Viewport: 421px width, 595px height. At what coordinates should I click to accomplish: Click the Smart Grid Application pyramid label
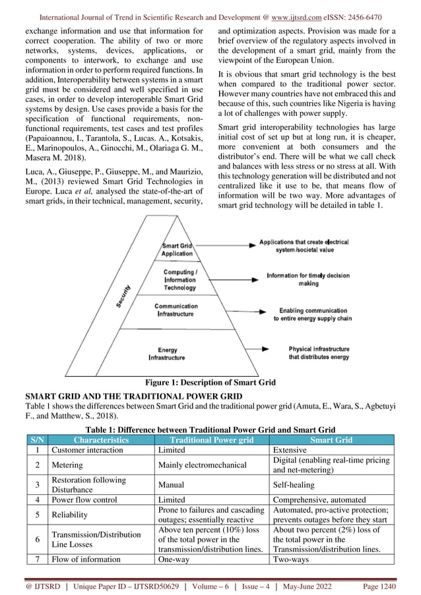tap(176, 249)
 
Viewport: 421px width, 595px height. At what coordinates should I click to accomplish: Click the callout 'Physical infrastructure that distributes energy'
tap(318, 353)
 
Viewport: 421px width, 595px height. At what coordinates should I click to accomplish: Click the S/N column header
tap(36, 439)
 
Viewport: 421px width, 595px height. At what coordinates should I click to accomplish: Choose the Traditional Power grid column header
tap(211, 439)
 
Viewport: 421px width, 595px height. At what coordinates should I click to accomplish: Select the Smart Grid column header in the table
tap(332, 439)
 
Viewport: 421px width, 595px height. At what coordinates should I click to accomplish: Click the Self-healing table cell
tap(293, 486)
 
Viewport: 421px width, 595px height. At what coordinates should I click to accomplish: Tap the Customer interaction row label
tap(87, 450)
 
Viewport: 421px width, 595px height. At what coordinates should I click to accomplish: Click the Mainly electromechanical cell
tap(202, 466)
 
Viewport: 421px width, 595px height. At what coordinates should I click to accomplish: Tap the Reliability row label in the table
tap(69, 516)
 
